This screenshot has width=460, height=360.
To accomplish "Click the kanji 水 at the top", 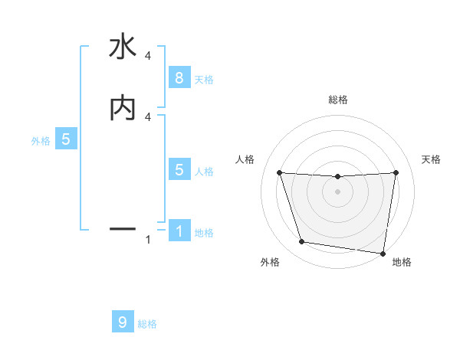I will pos(123,47).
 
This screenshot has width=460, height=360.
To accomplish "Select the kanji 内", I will pos(123,108).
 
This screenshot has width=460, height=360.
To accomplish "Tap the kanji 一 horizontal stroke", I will pos(123,228).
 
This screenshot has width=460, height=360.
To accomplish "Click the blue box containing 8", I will pos(179,77).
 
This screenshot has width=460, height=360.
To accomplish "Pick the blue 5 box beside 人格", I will pos(179,170).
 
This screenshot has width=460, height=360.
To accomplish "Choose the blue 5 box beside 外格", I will pos(66,139).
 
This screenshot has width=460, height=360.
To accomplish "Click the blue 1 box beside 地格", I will pos(179,231).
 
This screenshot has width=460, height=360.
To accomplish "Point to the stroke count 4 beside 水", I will pos(147,55).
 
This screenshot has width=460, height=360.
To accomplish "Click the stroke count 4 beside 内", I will pos(147,116).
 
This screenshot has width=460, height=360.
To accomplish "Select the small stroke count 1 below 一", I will pos(147,241).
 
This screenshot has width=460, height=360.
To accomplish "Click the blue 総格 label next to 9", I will pos(147,324).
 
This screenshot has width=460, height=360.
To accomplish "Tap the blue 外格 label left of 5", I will pos(41,141).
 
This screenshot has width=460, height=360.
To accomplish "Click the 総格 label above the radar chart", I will pos(337,100).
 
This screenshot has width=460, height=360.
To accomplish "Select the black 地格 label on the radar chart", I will pos(402,262).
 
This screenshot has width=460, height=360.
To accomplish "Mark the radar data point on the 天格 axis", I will pos(396,172).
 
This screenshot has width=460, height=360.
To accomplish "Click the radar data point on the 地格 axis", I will pos(383,253).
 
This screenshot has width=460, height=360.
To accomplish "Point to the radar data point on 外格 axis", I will pos(302,242).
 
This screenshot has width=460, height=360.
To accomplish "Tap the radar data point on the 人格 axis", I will pos(280,172).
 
